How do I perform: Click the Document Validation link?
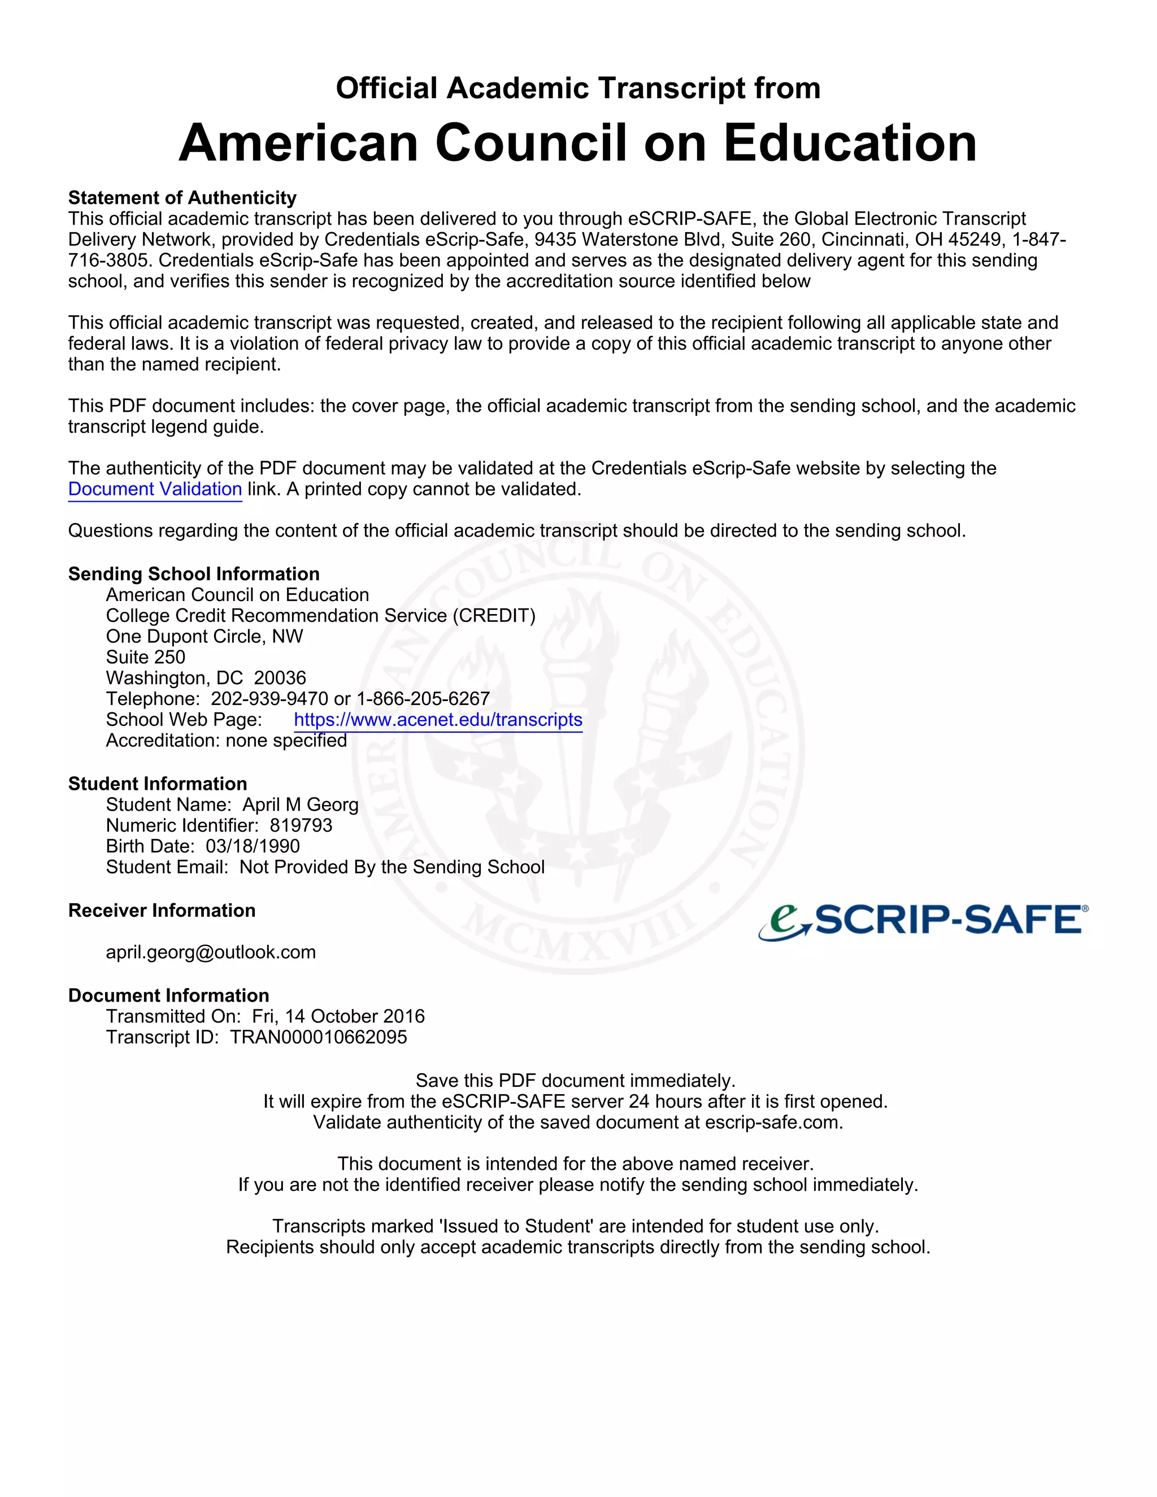(155, 489)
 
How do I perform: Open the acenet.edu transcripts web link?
(438, 720)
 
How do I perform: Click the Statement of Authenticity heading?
(182, 198)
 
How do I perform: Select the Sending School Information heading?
(194, 574)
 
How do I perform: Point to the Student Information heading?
(158, 784)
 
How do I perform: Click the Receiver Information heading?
(162, 910)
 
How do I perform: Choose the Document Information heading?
(168, 995)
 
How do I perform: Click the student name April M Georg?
(300, 804)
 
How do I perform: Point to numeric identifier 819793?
(301, 825)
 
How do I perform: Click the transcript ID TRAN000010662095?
(318, 1037)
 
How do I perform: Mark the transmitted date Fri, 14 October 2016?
(338, 1016)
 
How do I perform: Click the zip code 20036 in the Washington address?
(280, 678)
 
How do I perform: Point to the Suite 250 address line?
(145, 658)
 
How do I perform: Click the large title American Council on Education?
(578, 143)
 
